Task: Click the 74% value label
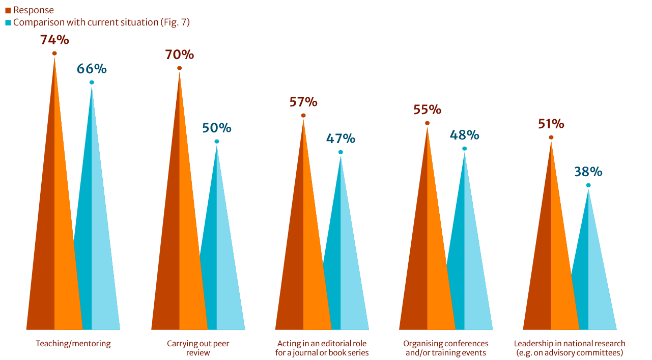tap(54, 40)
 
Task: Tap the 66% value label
tap(92, 69)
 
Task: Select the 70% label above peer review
tap(179, 54)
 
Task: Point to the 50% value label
tap(217, 128)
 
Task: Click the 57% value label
tap(303, 102)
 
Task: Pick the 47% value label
tap(341, 139)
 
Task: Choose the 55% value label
tap(427, 109)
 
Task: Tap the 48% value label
tap(464, 135)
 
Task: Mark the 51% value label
tap(551, 124)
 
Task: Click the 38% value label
tap(588, 172)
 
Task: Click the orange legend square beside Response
tap(8, 11)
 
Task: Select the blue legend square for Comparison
tap(8, 23)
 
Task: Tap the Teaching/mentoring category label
tap(73, 344)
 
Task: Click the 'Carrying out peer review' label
tap(198, 348)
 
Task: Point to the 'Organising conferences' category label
tap(446, 348)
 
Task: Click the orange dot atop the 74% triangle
tap(54, 53)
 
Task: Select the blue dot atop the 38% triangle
tap(588, 185)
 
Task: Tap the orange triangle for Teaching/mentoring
tap(54, 229)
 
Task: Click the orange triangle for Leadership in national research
tap(551, 265)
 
